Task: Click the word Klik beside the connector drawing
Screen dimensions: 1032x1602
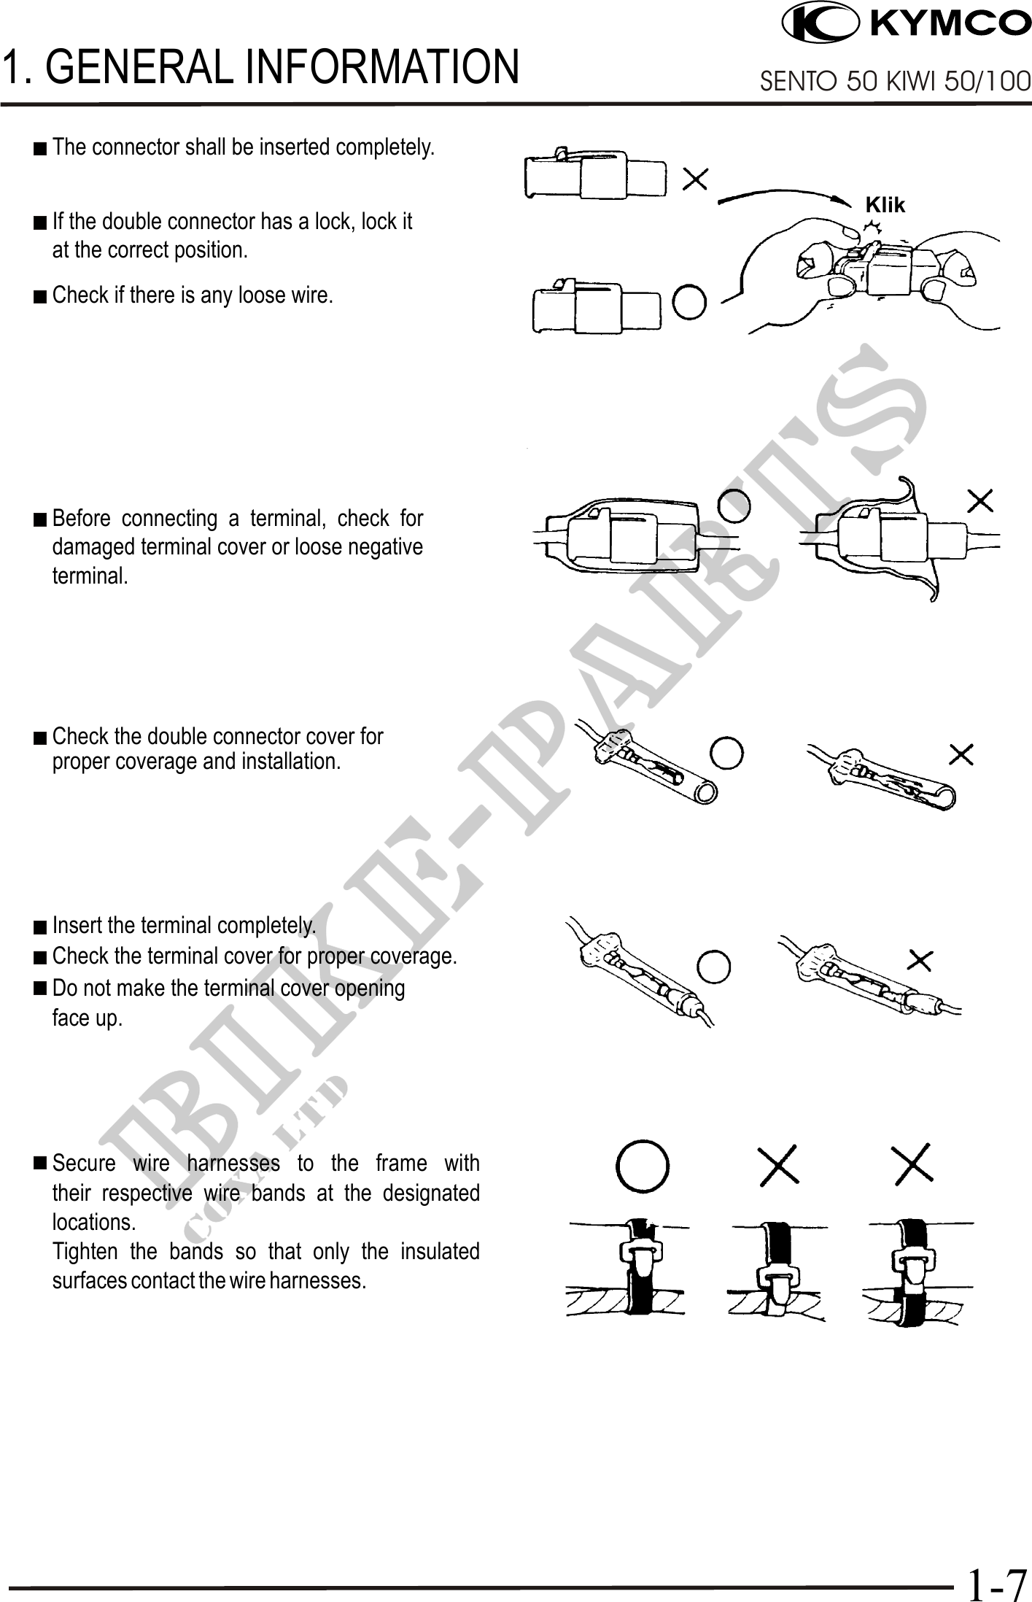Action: pos(885,205)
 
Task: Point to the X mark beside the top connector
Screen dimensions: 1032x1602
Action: pos(695,179)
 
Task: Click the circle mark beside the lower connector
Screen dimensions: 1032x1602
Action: pos(688,301)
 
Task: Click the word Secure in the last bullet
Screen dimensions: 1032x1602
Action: pos(84,1163)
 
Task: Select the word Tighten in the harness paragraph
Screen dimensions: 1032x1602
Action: pos(85,1251)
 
